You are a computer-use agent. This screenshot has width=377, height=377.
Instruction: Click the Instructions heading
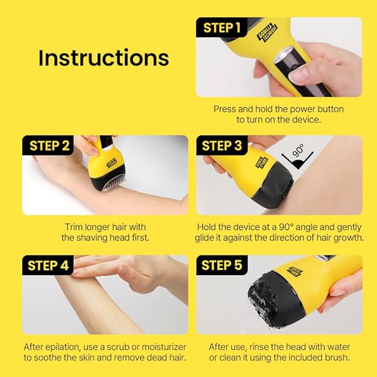pos(103,58)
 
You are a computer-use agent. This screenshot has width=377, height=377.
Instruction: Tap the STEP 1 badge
pos(222,28)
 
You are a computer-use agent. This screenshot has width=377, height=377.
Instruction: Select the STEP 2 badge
pos(49,146)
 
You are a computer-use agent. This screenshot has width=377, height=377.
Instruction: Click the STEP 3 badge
pos(222,146)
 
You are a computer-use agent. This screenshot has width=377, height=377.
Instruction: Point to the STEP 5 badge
pos(222,265)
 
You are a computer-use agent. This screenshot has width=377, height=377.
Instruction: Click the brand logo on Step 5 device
pos(296,271)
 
